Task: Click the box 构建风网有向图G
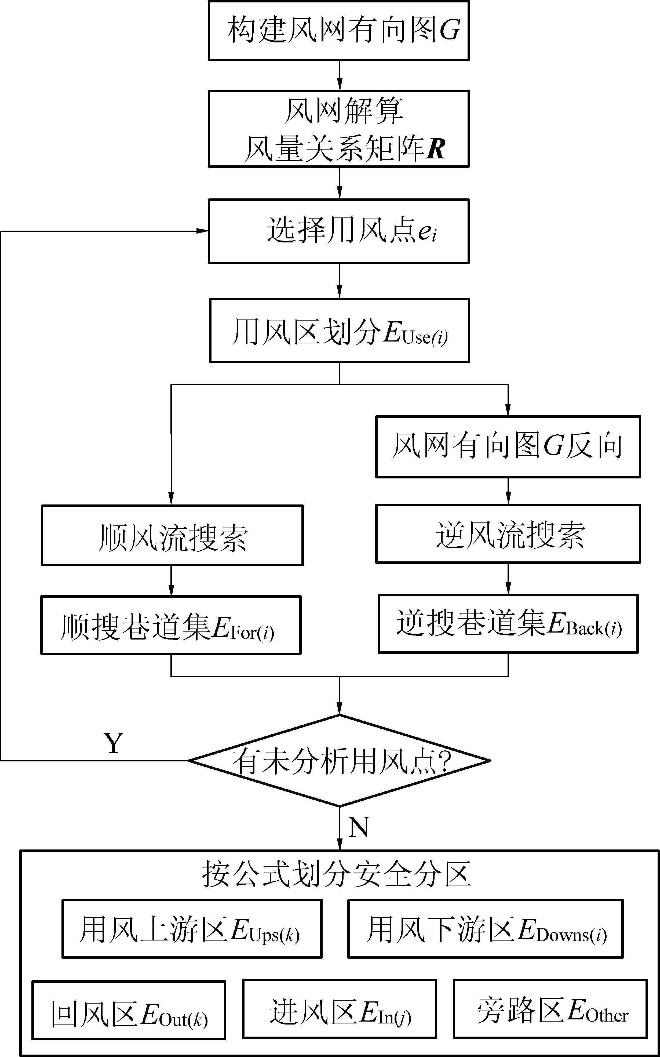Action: click(339, 31)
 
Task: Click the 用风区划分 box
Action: click(339, 330)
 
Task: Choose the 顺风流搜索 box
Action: click(172, 535)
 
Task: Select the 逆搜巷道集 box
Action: click(508, 623)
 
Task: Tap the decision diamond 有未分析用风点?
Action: click(340, 761)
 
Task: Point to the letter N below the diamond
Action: click(359, 826)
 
